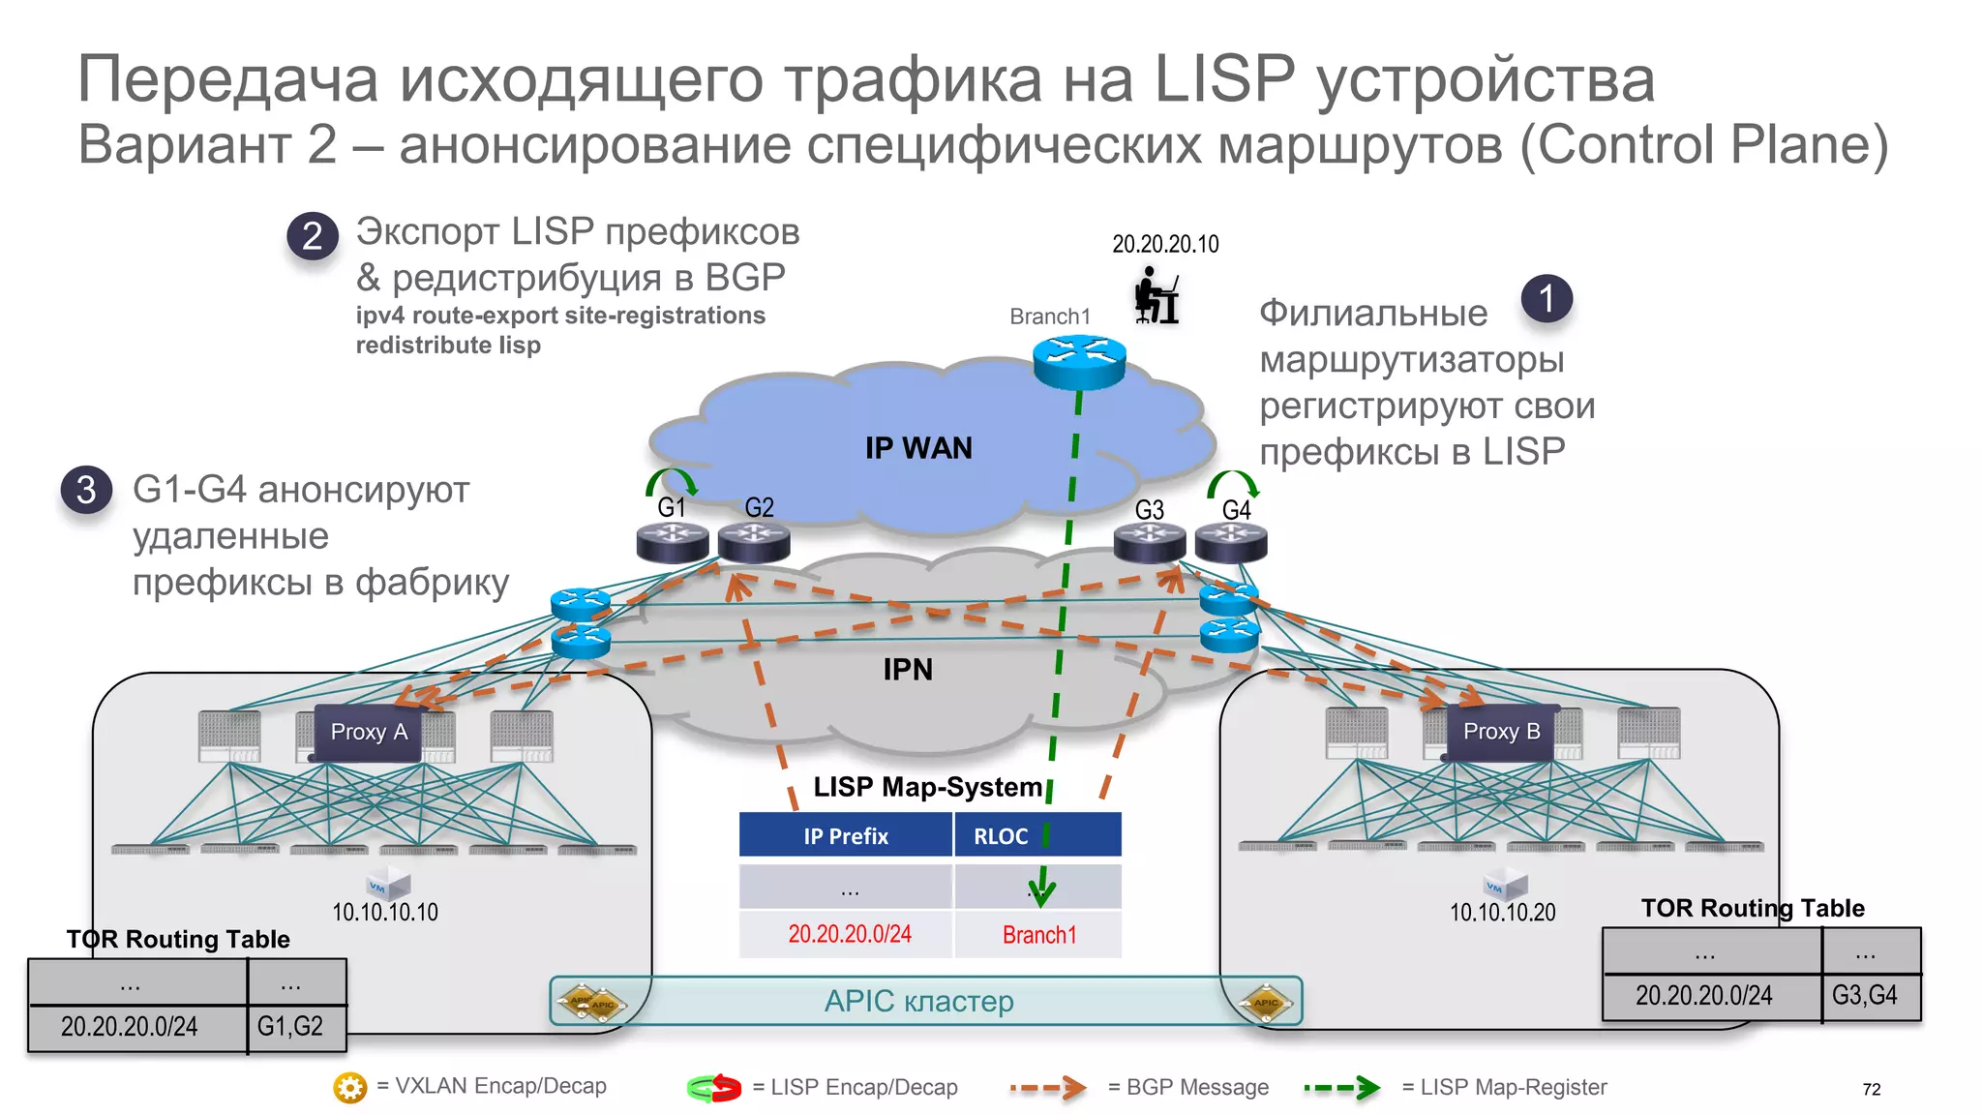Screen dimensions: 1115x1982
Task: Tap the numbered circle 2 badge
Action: pyautogui.click(x=313, y=236)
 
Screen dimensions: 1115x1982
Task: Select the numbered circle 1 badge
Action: pyautogui.click(x=1547, y=298)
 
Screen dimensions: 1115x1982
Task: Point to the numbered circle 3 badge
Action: pyautogui.click(x=86, y=490)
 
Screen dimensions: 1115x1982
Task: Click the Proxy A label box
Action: pyautogui.click(x=369, y=733)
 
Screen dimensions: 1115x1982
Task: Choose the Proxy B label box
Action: pyautogui.click(x=1501, y=732)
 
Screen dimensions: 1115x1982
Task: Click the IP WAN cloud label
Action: pyautogui.click(x=918, y=448)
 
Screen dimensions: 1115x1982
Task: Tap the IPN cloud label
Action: pyautogui.click(x=908, y=670)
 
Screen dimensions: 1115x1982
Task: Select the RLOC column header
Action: pyautogui.click(x=1001, y=836)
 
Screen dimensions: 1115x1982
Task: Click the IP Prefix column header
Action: pyautogui.click(x=846, y=836)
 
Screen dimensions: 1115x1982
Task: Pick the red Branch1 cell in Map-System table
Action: pyautogui.click(x=1039, y=935)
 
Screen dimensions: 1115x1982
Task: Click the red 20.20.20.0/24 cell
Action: pyautogui.click(x=849, y=934)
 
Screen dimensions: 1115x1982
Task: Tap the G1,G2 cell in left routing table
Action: pyautogui.click(x=290, y=1027)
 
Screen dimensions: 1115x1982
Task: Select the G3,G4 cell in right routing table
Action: pyautogui.click(x=1865, y=996)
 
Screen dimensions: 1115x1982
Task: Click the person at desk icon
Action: pyautogui.click(x=1156, y=295)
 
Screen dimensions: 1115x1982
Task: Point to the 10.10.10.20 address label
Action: pyautogui.click(x=1502, y=913)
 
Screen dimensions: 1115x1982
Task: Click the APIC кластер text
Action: pyautogui.click(x=918, y=1002)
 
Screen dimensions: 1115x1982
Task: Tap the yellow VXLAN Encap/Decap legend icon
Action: pyautogui.click(x=349, y=1088)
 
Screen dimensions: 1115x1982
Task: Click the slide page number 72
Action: pyautogui.click(x=1871, y=1090)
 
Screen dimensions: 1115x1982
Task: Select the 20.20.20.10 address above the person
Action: pyautogui.click(x=1165, y=244)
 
